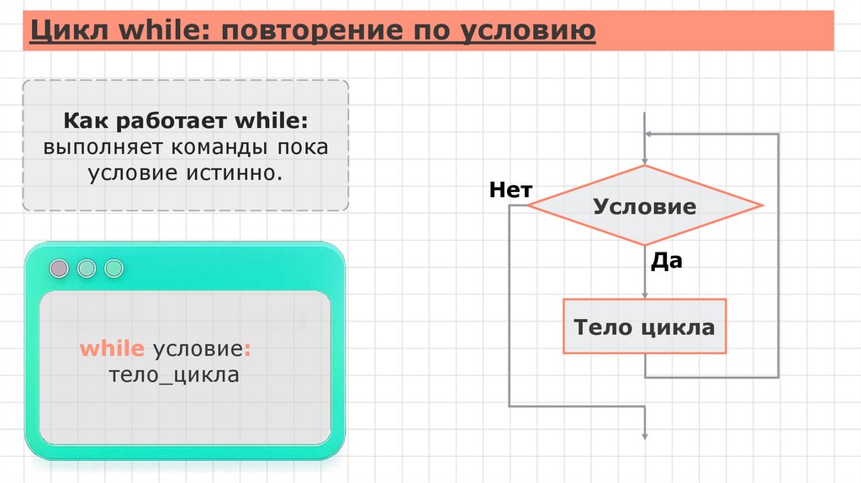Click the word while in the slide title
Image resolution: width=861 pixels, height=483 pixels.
(145, 31)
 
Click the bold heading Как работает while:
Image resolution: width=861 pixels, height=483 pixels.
(185, 120)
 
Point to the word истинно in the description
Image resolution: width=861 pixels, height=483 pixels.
(238, 174)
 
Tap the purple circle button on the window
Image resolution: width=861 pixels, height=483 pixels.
(59, 268)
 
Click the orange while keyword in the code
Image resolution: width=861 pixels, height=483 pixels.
(113, 349)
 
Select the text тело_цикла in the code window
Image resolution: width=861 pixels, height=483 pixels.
(173, 374)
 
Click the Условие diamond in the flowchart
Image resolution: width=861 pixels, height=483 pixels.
(645, 206)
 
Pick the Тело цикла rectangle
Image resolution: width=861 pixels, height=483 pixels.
(644, 326)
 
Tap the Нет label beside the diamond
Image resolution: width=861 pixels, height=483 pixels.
(510, 191)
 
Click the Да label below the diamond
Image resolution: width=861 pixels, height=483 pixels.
(666, 261)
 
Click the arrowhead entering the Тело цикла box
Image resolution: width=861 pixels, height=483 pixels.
(645, 295)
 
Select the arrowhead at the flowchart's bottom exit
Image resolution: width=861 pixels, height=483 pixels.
(645, 435)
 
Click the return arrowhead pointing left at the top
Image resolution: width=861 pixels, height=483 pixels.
(650, 133)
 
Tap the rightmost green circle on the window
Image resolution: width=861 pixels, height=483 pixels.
(114, 268)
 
